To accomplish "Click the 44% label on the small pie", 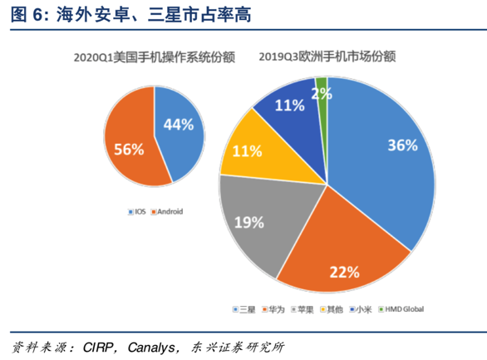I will tap(179, 125).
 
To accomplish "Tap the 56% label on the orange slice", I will tap(129, 150).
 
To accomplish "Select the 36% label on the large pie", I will tap(401, 145).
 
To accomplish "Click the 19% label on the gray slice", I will tap(248, 222).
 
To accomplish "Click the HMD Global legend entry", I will tap(401, 309).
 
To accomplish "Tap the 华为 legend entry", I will tap(275, 309).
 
